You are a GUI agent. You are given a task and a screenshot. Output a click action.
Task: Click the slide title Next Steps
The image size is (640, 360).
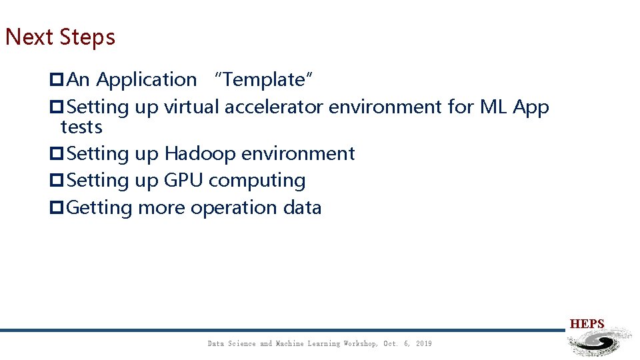[x=60, y=37]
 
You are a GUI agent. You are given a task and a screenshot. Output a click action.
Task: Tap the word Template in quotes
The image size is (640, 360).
[x=263, y=80]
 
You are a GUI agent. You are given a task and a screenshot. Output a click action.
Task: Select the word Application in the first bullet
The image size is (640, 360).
[x=147, y=80]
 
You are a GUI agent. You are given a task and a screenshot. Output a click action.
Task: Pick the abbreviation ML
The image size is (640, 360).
[x=493, y=107]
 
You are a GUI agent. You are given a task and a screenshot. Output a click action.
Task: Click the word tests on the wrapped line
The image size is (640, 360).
[x=81, y=127]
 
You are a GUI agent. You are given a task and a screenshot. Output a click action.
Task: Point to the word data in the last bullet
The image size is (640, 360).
[x=302, y=208]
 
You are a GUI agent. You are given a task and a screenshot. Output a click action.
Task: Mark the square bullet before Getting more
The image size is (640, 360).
[x=57, y=208]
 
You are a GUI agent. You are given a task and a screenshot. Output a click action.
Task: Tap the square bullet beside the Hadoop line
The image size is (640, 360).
[x=57, y=154]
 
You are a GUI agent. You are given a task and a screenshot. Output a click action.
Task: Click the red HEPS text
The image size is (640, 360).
[x=587, y=325]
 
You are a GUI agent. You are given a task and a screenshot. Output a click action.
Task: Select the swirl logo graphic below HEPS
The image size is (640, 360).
[x=597, y=343]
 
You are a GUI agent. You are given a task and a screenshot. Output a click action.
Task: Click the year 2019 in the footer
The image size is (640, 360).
[x=423, y=344]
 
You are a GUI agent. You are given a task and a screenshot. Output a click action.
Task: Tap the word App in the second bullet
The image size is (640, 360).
[x=531, y=107]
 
